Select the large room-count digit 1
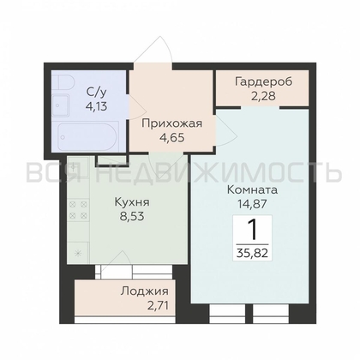coord(253,229)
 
